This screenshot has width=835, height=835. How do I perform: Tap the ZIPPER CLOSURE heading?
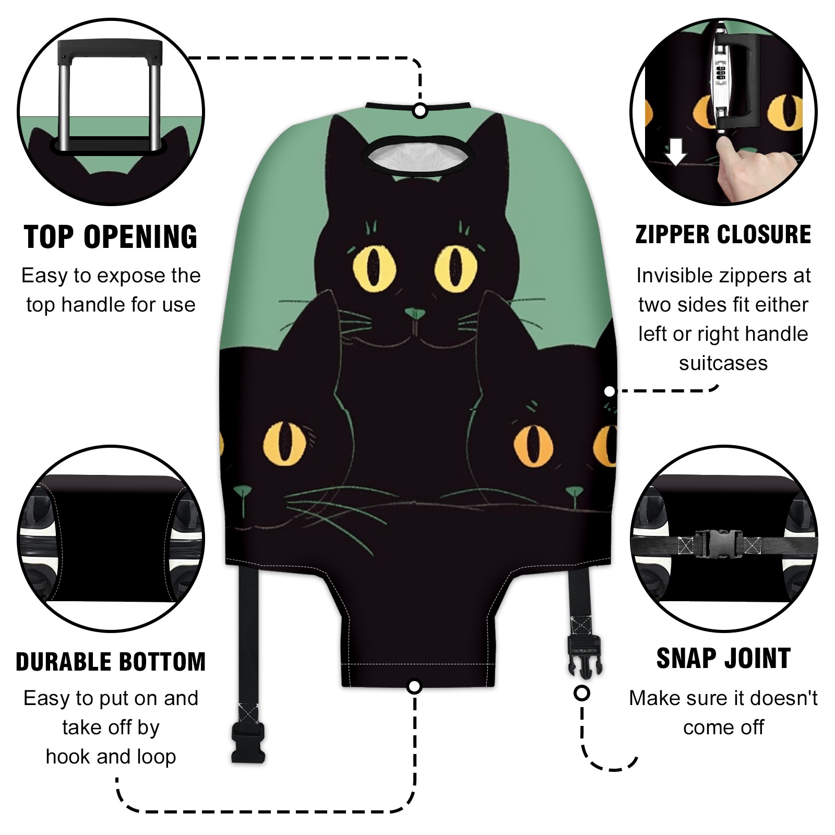tap(723, 234)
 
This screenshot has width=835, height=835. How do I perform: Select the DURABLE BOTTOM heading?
tap(111, 662)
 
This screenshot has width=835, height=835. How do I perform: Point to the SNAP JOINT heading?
tap(723, 658)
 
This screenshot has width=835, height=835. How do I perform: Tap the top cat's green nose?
tap(415, 314)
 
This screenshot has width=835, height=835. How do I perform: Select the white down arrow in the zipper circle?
tap(676, 151)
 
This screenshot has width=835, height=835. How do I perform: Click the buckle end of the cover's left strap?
tap(247, 741)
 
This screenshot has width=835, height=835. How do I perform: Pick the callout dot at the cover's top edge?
tap(420, 111)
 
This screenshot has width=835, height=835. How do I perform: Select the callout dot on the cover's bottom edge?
tap(414, 686)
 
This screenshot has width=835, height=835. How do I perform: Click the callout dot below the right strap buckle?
tap(582, 694)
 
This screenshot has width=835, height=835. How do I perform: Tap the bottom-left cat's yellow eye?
tap(284, 444)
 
